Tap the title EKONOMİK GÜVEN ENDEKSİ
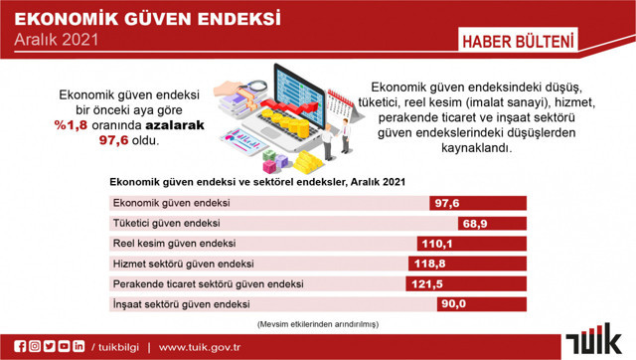[147, 18]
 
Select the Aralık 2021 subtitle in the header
[57, 41]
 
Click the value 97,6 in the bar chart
[445, 203]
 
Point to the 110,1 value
[437, 244]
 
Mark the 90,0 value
[454, 303]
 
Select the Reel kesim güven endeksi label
[173, 244]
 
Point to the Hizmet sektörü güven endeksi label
[184, 264]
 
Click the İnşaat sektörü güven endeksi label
[180, 303]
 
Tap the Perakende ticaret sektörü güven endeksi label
[209, 283]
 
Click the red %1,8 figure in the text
[72, 124]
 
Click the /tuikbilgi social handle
[116, 346]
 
